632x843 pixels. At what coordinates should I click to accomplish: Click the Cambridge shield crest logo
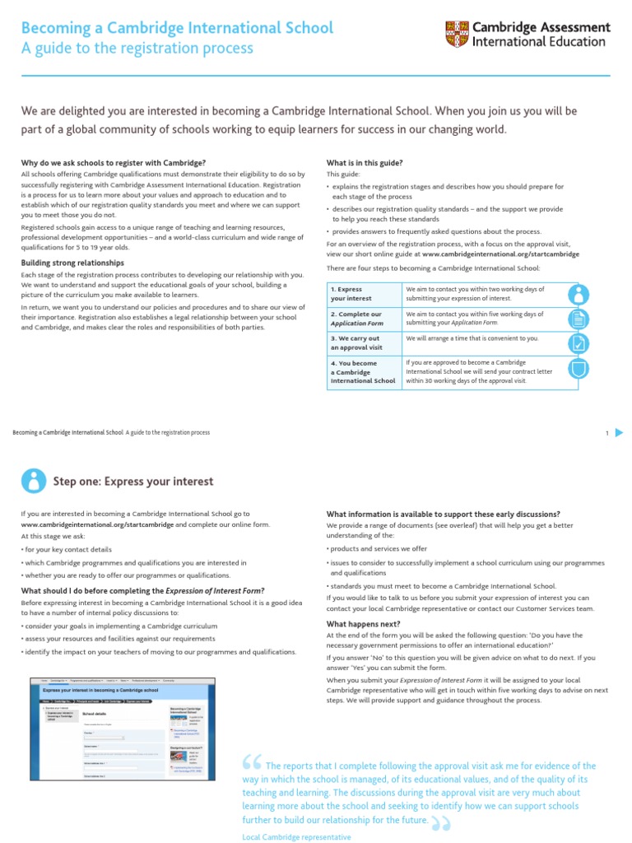click(x=457, y=34)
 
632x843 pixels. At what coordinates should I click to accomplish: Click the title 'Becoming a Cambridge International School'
click(x=177, y=28)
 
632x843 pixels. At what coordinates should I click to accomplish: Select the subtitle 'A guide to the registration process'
click(x=137, y=49)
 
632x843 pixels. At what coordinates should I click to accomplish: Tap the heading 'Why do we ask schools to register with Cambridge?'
click(x=113, y=163)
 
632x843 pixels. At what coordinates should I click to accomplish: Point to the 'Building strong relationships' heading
click(x=73, y=263)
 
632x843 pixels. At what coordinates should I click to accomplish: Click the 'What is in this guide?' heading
click(x=365, y=163)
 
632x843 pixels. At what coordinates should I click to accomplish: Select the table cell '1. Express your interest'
click(x=363, y=294)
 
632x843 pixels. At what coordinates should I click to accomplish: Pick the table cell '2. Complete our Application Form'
click(x=363, y=319)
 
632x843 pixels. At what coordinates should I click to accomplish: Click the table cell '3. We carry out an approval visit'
click(x=363, y=342)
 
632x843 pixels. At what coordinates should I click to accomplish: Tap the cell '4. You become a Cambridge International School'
click(x=363, y=372)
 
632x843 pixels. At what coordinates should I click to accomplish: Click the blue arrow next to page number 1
click(x=620, y=433)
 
